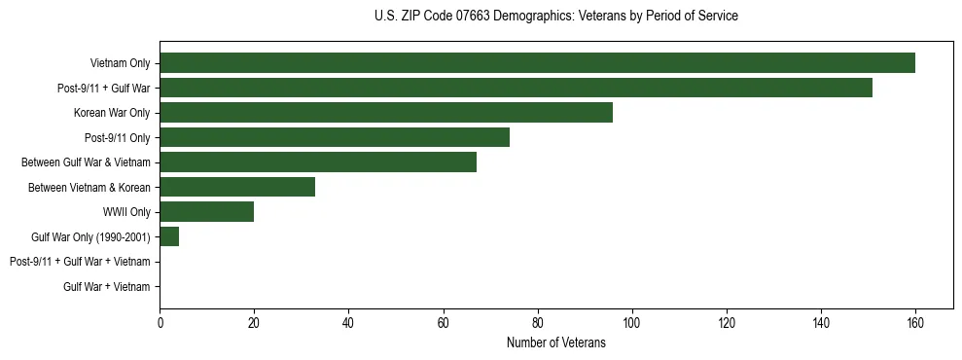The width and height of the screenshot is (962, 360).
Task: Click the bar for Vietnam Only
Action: point(537,63)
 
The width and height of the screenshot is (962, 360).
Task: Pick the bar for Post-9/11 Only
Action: point(335,137)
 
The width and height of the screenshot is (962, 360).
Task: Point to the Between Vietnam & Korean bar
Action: point(237,187)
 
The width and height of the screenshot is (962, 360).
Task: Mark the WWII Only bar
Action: point(206,212)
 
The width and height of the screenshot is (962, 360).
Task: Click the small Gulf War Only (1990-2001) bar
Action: point(169,236)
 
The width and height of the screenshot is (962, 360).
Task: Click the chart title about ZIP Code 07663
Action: point(555,17)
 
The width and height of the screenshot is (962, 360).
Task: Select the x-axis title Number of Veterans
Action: point(555,342)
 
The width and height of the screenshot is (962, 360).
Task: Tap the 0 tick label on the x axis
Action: point(160,322)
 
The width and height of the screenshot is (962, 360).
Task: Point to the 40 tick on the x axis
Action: point(348,322)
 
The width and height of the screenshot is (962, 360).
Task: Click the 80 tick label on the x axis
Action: point(537,322)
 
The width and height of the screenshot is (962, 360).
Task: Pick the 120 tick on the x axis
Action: point(726,322)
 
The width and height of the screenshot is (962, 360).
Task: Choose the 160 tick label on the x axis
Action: point(914,322)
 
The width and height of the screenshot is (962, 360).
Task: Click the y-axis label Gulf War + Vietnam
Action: point(106,286)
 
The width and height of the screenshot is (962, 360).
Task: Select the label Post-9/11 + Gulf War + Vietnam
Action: point(80,262)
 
